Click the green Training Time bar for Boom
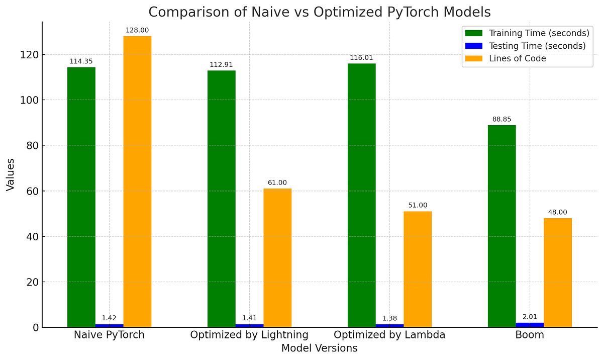[501, 226]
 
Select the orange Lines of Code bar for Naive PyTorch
[137, 182]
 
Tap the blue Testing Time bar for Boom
[530, 325]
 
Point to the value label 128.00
[137, 31]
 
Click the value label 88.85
[501, 120]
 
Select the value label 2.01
[530, 317]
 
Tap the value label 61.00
[277, 183]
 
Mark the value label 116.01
[361, 58]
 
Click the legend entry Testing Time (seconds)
[537, 46]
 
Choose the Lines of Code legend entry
[517, 58]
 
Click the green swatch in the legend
[473, 33]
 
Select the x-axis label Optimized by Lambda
[389, 335]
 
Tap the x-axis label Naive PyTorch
[109, 335]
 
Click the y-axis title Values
[11, 174]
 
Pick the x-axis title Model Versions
[319, 348]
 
